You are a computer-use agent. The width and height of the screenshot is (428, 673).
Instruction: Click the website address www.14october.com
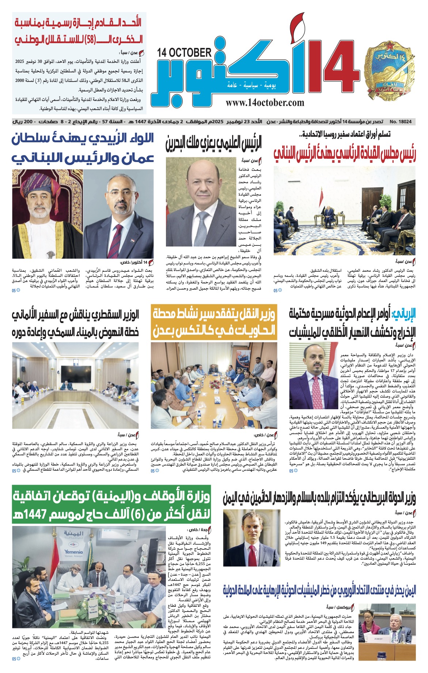point(265,103)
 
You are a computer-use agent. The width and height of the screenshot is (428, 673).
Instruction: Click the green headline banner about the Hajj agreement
point(111,505)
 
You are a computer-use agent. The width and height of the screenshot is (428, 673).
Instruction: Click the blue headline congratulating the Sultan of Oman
point(83,148)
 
